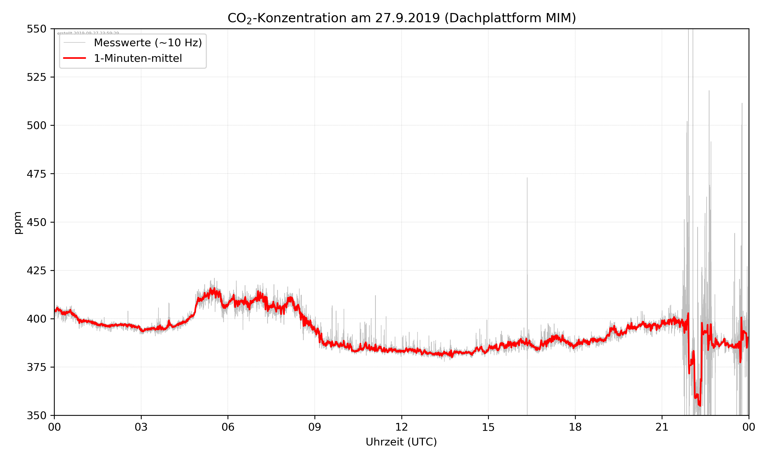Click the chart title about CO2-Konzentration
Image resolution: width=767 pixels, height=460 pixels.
click(x=401, y=18)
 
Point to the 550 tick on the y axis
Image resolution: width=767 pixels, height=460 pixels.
click(x=36, y=29)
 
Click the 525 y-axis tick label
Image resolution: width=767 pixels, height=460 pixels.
click(x=36, y=77)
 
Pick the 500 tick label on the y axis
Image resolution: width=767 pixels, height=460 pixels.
click(x=36, y=125)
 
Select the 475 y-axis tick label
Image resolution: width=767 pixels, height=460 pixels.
click(x=36, y=174)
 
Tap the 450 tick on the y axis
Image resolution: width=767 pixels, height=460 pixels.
click(x=36, y=222)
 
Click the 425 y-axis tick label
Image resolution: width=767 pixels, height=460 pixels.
click(x=36, y=271)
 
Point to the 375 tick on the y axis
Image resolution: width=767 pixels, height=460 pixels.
click(x=36, y=367)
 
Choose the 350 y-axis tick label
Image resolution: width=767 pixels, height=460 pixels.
click(x=36, y=416)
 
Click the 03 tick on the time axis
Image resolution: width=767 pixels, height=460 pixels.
click(x=141, y=427)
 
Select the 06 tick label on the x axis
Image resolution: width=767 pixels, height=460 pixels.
click(x=228, y=427)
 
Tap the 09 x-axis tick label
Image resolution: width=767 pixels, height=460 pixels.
click(x=315, y=427)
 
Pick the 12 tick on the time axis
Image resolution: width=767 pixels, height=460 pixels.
click(x=401, y=427)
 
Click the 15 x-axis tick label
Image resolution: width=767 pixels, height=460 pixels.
click(x=488, y=427)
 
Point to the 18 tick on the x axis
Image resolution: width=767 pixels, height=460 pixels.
click(x=575, y=427)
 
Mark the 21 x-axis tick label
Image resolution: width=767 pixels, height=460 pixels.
click(x=662, y=427)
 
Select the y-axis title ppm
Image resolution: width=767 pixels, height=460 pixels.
click(x=18, y=222)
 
